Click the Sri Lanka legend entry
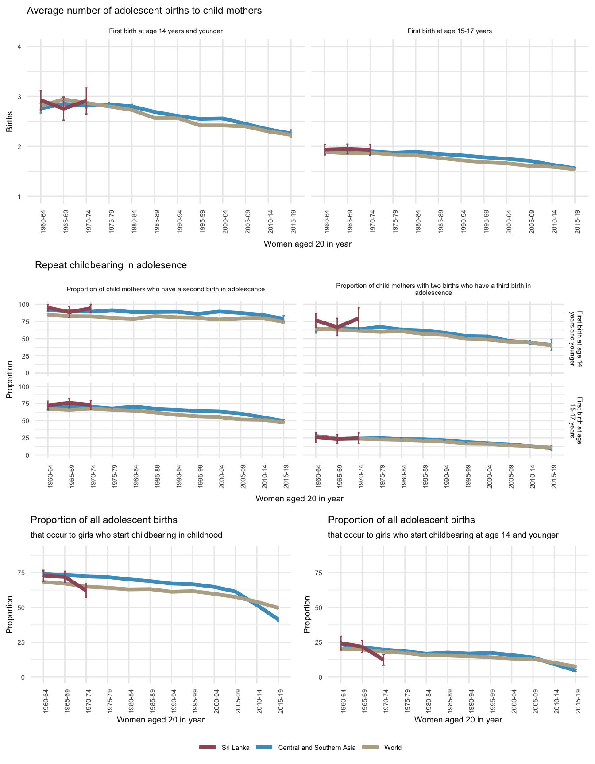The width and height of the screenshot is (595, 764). point(235,748)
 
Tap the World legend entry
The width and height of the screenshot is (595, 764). point(393,748)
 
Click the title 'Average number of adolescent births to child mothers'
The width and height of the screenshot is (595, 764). point(144,11)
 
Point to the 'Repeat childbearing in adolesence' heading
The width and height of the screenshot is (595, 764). point(111,265)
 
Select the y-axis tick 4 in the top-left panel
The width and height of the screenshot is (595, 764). point(19,47)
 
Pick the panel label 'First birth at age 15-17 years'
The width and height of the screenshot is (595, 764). point(449,31)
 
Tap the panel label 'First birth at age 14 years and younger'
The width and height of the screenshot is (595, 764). point(166,31)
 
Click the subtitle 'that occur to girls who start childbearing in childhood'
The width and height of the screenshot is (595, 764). point(126,535)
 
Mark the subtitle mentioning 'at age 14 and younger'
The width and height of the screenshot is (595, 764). point(443,535)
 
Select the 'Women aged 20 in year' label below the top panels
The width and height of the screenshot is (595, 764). point(307,244)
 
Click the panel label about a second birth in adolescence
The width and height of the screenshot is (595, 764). point(166,289)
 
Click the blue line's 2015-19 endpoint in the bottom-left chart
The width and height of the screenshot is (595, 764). point(278,619)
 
